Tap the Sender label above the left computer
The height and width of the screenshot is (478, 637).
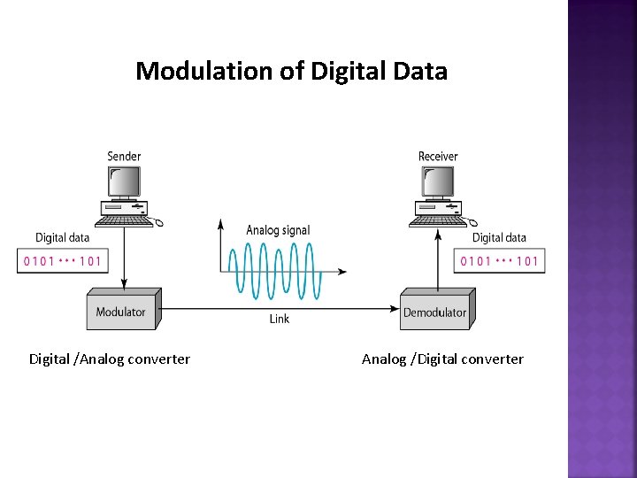[x=124, y=157]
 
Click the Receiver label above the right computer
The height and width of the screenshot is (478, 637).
[x=438, y=157]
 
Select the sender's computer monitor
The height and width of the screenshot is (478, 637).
[x=124, y=182]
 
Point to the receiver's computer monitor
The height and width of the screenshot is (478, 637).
[x=438, y=182]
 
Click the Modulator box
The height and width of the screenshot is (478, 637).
[x=121, y=311]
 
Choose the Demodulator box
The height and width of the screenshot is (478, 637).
[x=434, y=311]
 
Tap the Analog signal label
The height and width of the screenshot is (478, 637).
[x=278, y=230]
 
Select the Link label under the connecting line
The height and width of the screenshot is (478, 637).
[x=280, y=319]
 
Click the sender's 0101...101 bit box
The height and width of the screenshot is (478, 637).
[x=61, y=261]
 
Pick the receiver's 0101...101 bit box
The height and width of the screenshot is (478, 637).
[x=499, y=261]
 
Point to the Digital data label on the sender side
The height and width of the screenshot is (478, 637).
[x=62, y=237]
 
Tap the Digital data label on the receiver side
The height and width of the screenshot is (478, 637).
[x=499, y=237]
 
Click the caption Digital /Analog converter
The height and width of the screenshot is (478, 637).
[x=110, y=359]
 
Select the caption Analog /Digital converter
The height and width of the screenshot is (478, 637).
[x=442, y=359]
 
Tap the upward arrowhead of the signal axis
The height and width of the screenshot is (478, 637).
[x=220, y=223]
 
